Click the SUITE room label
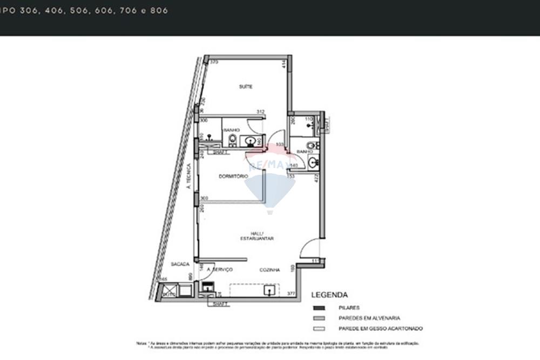coord(246,86)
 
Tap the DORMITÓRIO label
coord(233,176)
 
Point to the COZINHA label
coord(269,270)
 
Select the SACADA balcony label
coord(180,264)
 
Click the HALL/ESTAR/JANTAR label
coord(257,236)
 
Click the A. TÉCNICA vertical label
coord(189,176)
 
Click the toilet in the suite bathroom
coord(232,140)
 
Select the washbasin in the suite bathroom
coord(251,141)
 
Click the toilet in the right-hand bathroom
coord(311,145)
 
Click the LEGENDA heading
coord(329,295)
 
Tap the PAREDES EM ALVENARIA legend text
coord(369,318)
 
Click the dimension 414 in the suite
coord(283,64)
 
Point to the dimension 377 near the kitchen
coord(291,294)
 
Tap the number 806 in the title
coord(160,10)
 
